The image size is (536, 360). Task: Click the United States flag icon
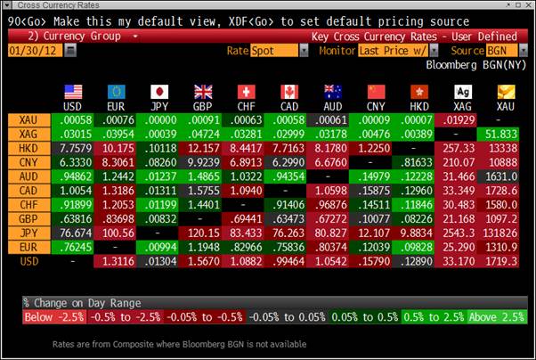pos(73,91)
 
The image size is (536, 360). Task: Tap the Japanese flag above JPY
pos(160,91)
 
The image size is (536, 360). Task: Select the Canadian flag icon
pos(288,91)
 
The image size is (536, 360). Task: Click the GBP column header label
pos(203,105)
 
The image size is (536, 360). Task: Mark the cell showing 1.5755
pos(203,190)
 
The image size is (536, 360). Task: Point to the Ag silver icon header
pos(462,91)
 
